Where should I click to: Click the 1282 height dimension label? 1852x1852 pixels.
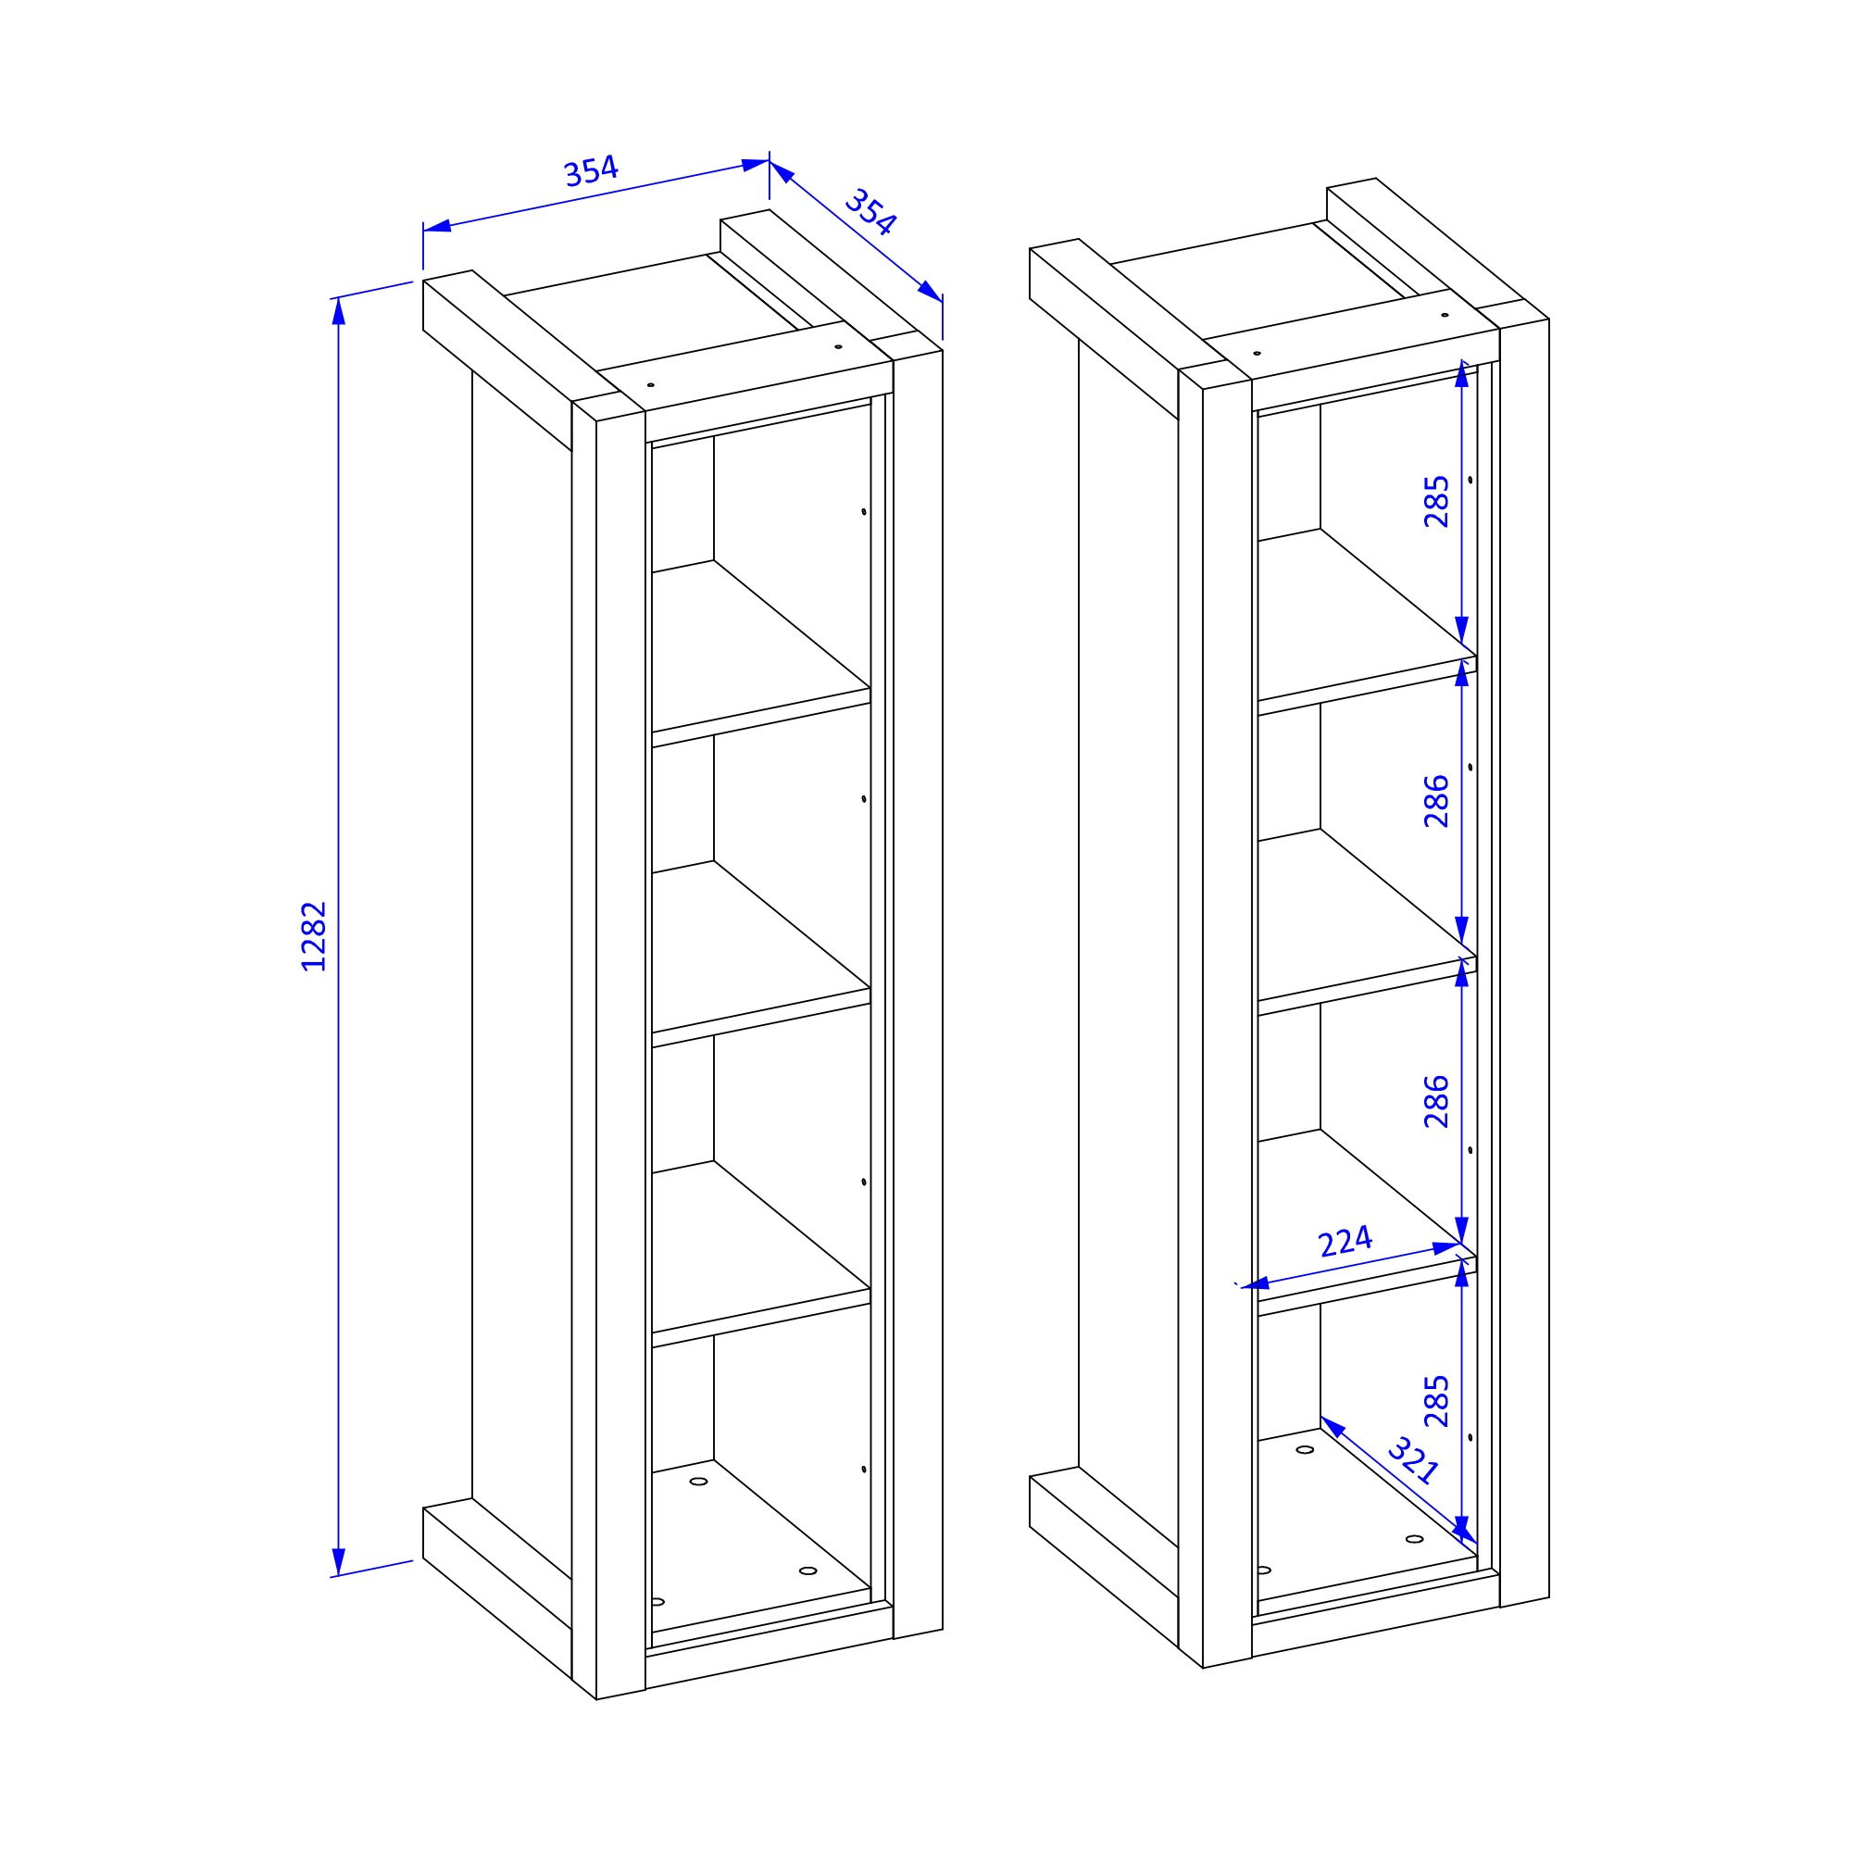(x=314, y=936)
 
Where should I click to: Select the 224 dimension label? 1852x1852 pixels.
(x=1345, y=1242)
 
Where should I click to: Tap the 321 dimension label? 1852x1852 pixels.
(x=1413, y=1460)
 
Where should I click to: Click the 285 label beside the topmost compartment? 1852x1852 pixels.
(x=1436, y=501)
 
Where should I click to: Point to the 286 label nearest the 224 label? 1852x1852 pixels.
(x=1436, y=1101)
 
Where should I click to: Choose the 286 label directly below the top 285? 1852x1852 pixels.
(x=1436, y=801)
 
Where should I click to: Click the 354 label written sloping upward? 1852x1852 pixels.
(x=591, y=170)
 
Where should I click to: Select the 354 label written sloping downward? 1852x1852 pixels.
(x=870, y=212)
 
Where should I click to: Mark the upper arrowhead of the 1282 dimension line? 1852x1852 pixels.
(x=338, y=310)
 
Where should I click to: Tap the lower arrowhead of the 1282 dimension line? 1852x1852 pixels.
(x=338, y=1561)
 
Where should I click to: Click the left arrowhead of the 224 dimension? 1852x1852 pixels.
(x=1255, y=1284)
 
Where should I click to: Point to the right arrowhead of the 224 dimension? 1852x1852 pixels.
(x=1446, y=1248)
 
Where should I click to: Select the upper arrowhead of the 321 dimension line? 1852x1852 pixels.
(x=1333, y=1426)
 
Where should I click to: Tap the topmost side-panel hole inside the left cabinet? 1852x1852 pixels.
(x=864, y=512)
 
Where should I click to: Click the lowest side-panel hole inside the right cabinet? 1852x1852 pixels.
(x=1470, y=1437)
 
